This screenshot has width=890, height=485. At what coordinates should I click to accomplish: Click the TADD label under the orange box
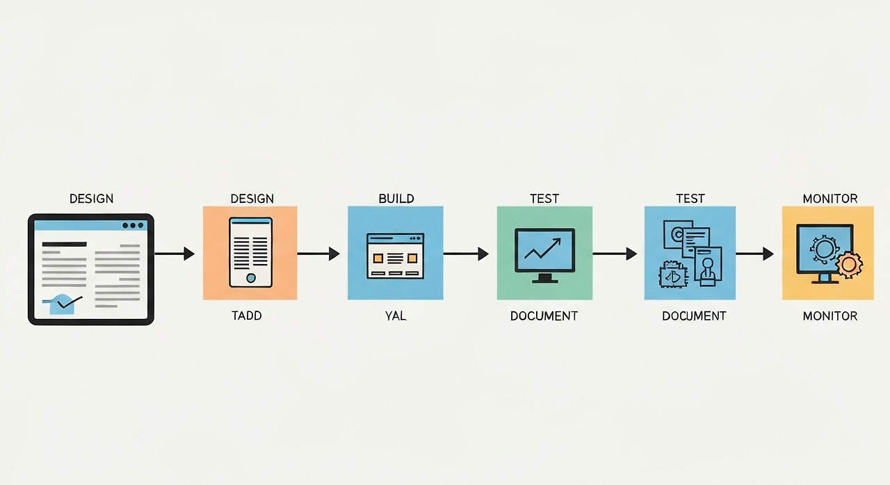click(x=246, y=316)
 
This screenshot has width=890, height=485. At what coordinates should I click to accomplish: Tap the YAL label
click(x=395, y=316)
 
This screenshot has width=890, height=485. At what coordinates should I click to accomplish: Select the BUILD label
click(x=396, y=199)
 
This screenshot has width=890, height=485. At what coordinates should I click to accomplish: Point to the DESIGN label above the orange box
click(x=252, y=199)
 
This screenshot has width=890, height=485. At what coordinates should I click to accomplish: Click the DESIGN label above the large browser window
click(x=91, y=199)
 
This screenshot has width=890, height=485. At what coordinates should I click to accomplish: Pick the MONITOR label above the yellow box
click(x=830, y=199)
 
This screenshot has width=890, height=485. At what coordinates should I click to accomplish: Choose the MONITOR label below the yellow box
click(x=830, y=316)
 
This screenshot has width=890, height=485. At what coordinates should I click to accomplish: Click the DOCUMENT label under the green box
click(x=544, y=316)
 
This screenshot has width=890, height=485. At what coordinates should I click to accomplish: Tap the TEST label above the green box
click(x=544, y=199)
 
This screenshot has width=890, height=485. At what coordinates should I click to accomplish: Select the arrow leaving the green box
click(x=615, y=254)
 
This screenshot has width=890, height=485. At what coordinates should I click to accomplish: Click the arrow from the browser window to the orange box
click(x=174, y=254)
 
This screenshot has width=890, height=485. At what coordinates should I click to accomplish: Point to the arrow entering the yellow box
click(x=754, y=254)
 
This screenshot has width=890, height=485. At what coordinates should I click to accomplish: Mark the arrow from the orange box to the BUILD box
click(x=318, y=254)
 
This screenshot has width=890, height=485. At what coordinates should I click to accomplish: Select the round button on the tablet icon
click(x=251, y=277)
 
